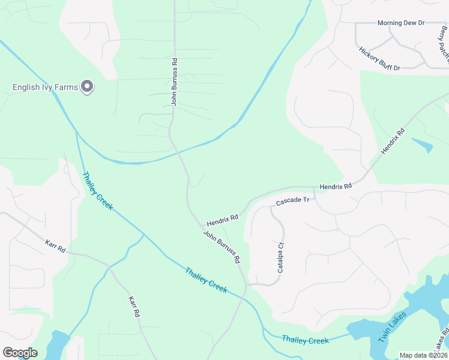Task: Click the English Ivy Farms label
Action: tap(45, 88)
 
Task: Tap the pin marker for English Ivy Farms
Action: tap(87, 88)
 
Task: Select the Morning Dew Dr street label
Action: tap(400, 23)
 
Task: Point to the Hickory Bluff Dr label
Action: tap(379, 59)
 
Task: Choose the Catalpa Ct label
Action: tap(280, 257)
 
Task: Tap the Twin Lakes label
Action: tap(393, 326)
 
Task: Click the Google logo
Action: tap(20, 353)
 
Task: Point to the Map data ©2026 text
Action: tap(424, 355)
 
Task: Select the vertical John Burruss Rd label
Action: tap(174, 82)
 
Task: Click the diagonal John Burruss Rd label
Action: tap(221, 247)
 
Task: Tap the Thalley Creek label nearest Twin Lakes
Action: tap(305, 340)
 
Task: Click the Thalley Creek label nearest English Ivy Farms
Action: tap(97, 191)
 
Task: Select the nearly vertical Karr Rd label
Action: tap(134, 306)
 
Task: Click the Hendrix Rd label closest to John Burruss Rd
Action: tap(223, 217)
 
